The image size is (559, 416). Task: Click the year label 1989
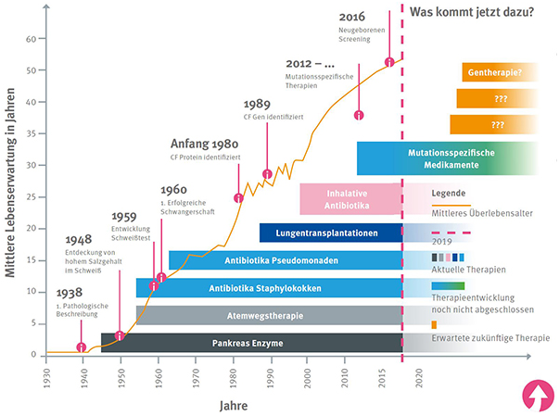click(x=258, y=105)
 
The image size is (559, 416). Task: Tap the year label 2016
click(x=352, y=17)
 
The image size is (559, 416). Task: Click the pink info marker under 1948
click(x=120, y=335)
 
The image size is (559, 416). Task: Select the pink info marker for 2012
click(x=359, y=116)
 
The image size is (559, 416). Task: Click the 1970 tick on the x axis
click(x=196, y=379)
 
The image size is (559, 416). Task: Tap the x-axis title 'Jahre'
click(x=233, y=405)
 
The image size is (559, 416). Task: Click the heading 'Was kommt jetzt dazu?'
click(x=476, y=13)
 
